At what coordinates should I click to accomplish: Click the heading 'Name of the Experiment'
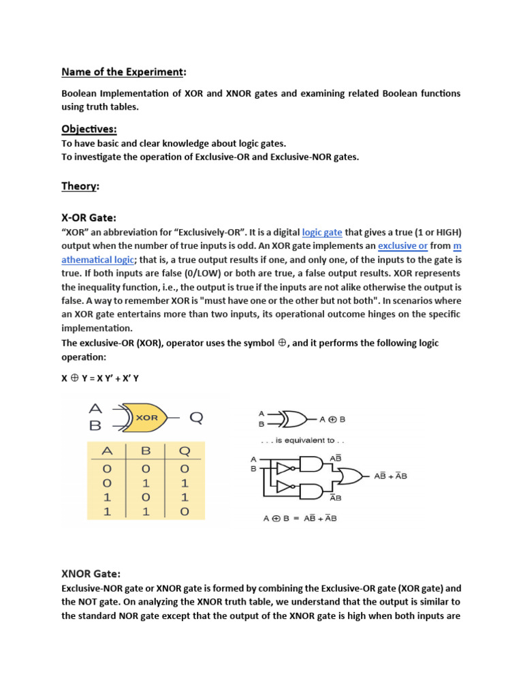pyautogui.click(x=122, y=71)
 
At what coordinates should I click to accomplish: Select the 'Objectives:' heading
pyautogui.click(x=89, y=129)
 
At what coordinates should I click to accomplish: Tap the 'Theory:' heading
pyautogui.click(x=80, y=185)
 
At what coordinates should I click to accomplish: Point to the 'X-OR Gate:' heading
pyautogui.click(x=89, y=217)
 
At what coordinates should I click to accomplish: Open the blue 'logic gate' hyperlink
pyautogui.click(x=321, y=232)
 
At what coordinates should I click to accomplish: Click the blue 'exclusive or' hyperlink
pyautogui.click(x=402, y=245)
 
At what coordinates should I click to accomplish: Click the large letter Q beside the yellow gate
pyautogui.click(x=195, y=417)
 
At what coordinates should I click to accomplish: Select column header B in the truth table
pyautogui.click(x=144, y=451)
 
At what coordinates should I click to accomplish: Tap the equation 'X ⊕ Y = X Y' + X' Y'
pyautogui.click(x=100, y=378)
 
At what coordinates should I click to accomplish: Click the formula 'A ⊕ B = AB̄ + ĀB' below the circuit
pyautogui.click(x=300, y=519)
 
